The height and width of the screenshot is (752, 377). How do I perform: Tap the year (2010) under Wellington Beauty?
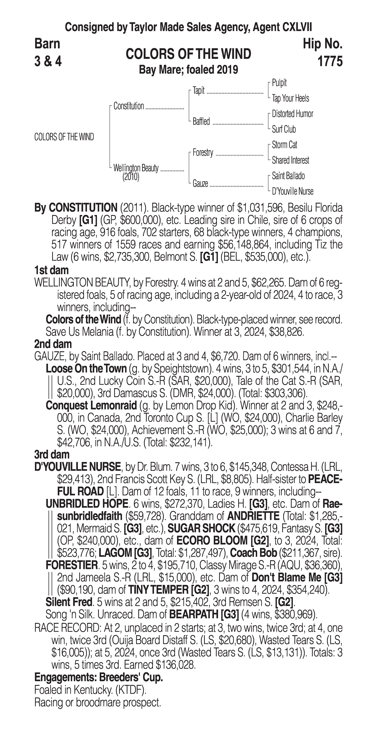point(131,177)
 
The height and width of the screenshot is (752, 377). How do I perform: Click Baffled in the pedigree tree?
point(201,121)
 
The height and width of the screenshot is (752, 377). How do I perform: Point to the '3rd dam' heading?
point(52,455)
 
